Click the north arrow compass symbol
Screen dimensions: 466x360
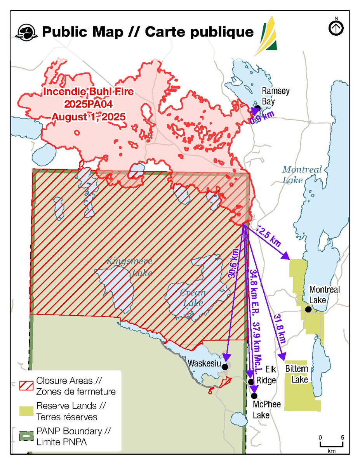[336, 28]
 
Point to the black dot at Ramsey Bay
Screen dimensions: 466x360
[257, 108]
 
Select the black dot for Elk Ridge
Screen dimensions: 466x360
[251, 382]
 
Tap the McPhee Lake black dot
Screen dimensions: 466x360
[254, 396]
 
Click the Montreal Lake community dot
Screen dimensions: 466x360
[308, 310]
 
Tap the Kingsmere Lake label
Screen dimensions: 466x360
[129, 267]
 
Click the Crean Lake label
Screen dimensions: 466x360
[193, 297]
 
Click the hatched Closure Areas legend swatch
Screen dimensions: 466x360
[26, 385]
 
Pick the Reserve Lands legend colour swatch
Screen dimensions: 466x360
[26, 411]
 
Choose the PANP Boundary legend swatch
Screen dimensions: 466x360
[26, 436]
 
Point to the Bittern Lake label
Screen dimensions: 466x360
[297, 374]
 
